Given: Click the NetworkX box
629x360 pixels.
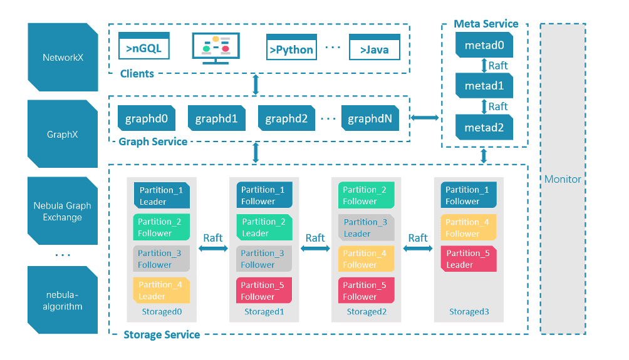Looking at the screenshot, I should [x=63, y=58].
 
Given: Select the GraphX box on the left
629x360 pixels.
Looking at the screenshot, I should [x=63, y=135].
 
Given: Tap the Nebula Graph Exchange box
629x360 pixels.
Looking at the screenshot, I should [x=63, y=212].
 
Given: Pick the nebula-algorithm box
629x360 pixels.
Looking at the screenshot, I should [x=63, y=300].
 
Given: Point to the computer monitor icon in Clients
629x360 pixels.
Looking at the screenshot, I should [x=216, y=48].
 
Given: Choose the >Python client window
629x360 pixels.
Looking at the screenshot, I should [x=292, y=48].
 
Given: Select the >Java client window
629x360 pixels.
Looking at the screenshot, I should [x=374, y=48].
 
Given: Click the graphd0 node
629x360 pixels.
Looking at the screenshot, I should [x=147, y=118].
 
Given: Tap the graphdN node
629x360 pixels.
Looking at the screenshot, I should [x=370, y=118].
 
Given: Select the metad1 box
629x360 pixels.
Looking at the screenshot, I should [x=484, y=86].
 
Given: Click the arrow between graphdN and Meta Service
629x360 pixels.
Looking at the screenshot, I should [x=425, y=117].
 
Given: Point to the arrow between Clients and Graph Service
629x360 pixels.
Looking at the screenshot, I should [x=256, y=85].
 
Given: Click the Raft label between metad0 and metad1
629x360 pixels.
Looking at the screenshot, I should [x=498, y=65].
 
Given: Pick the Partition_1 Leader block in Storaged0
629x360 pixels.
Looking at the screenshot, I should [x=161, y=195].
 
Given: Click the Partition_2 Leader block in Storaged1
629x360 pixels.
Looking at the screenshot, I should [x=264, y=227].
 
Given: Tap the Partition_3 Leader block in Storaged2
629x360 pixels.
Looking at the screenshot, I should [x=366, y=227].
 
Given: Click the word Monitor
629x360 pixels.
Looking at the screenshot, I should [x=563, y=179].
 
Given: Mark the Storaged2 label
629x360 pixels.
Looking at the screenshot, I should [x=366, y=312].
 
